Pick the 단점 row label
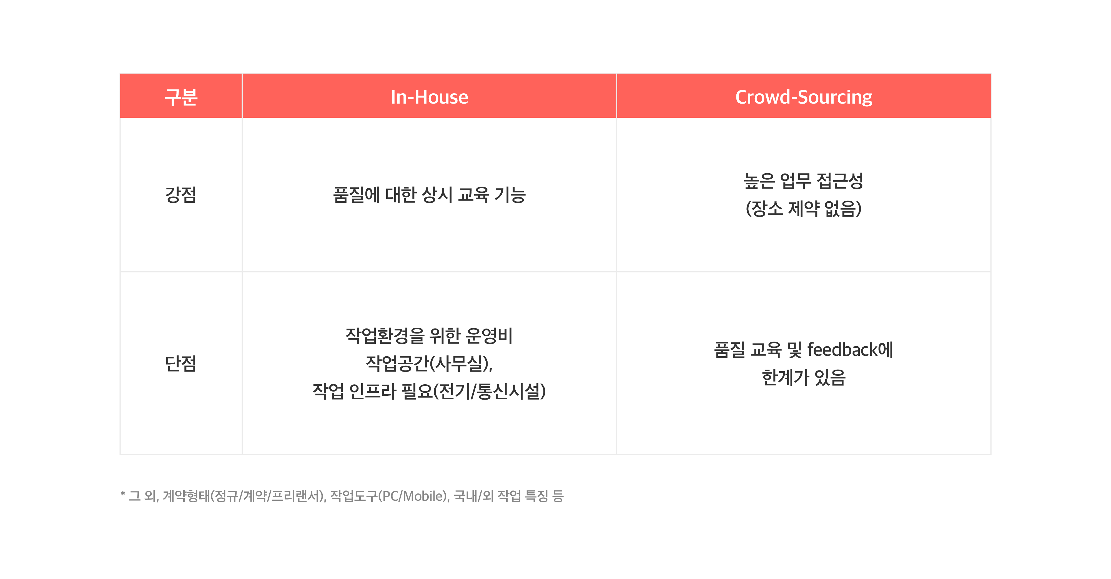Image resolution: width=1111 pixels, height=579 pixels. (181, 363)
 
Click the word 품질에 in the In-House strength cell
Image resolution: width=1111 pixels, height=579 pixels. (357, 195)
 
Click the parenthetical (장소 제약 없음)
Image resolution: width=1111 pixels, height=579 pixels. (804, 208)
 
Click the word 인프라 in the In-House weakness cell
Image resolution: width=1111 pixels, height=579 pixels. (372, 391)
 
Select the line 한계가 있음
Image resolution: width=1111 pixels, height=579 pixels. (804, 377)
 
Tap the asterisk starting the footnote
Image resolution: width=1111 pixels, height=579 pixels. (123, 493)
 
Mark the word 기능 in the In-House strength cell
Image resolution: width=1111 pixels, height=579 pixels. (510, 195)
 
